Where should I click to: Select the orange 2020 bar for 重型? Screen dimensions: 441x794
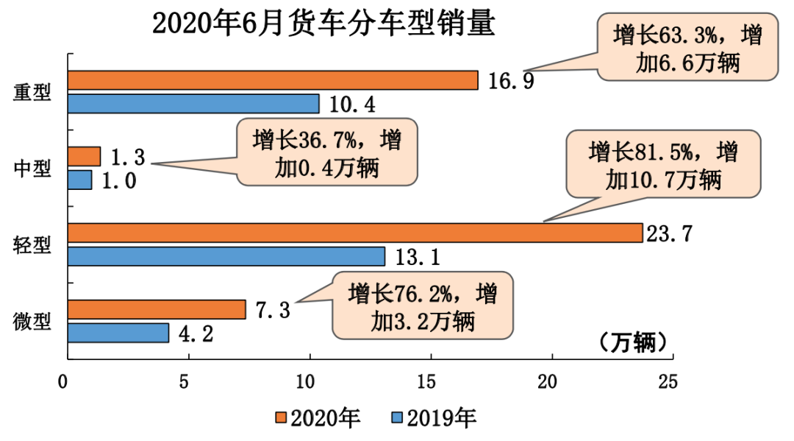273,80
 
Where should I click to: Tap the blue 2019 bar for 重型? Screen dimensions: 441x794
193,104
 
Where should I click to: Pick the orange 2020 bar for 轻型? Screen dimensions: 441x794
355,233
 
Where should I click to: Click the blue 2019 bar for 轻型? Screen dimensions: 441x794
226,256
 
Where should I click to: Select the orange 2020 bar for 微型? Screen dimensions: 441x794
157,310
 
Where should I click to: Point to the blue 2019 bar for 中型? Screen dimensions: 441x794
80,180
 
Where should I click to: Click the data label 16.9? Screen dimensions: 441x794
511,80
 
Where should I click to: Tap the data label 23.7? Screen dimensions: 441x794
668,233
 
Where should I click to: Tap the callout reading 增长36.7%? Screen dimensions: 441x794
326,152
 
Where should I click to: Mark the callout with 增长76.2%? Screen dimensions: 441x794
421,306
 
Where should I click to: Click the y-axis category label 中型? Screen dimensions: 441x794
33,169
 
